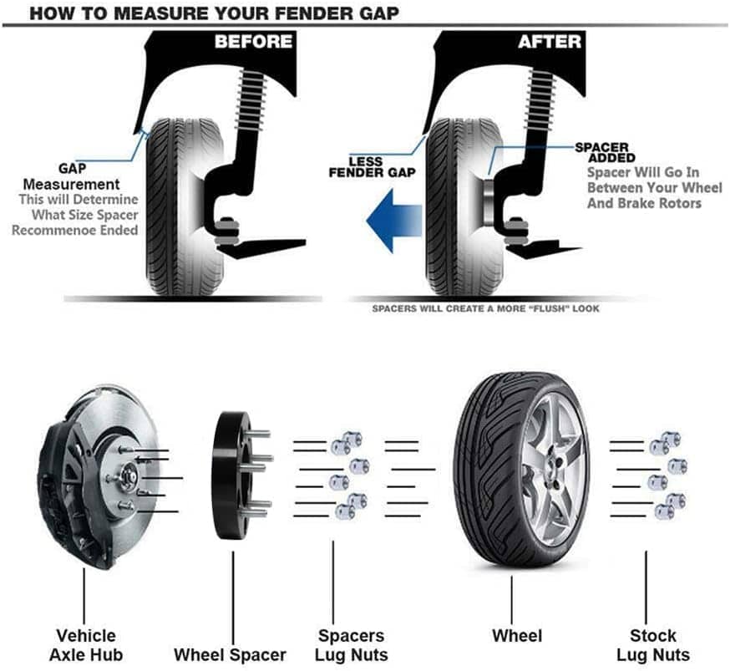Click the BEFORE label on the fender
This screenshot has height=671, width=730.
(253, 42)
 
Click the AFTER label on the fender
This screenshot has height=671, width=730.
(549, 42)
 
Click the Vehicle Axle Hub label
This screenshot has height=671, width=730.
(85, 644)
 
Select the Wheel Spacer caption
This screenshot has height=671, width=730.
(230, 654)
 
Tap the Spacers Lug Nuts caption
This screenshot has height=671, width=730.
(351, 644)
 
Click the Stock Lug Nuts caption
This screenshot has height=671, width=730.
(653, 644)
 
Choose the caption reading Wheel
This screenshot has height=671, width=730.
(517, 636)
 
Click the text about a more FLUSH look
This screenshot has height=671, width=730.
(485, 308)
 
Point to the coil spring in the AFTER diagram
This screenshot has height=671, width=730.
(541, 92)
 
